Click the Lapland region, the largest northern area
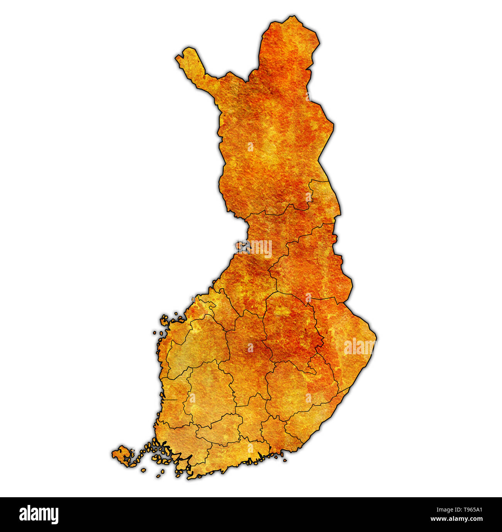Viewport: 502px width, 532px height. (x=270, y=135)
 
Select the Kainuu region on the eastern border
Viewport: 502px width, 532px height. (x=309, y=263)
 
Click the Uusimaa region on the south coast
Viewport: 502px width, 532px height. (x=239, y=452)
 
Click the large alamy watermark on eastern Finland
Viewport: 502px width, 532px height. (x=359, y=347)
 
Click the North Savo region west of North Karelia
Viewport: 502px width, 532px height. (x=290, y=328)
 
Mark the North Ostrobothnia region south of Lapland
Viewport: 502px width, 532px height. (x=263, y=247)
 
